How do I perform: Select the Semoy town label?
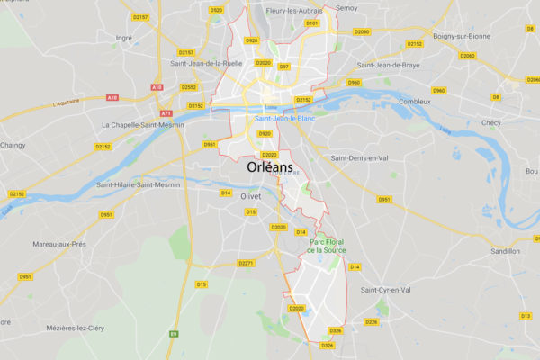point(346,8)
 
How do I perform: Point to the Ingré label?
point(124,38)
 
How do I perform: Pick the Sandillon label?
point(506,251)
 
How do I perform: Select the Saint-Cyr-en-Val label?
point(385,290)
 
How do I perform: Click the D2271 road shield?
point(247,263)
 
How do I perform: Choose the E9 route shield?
point(174,333)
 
